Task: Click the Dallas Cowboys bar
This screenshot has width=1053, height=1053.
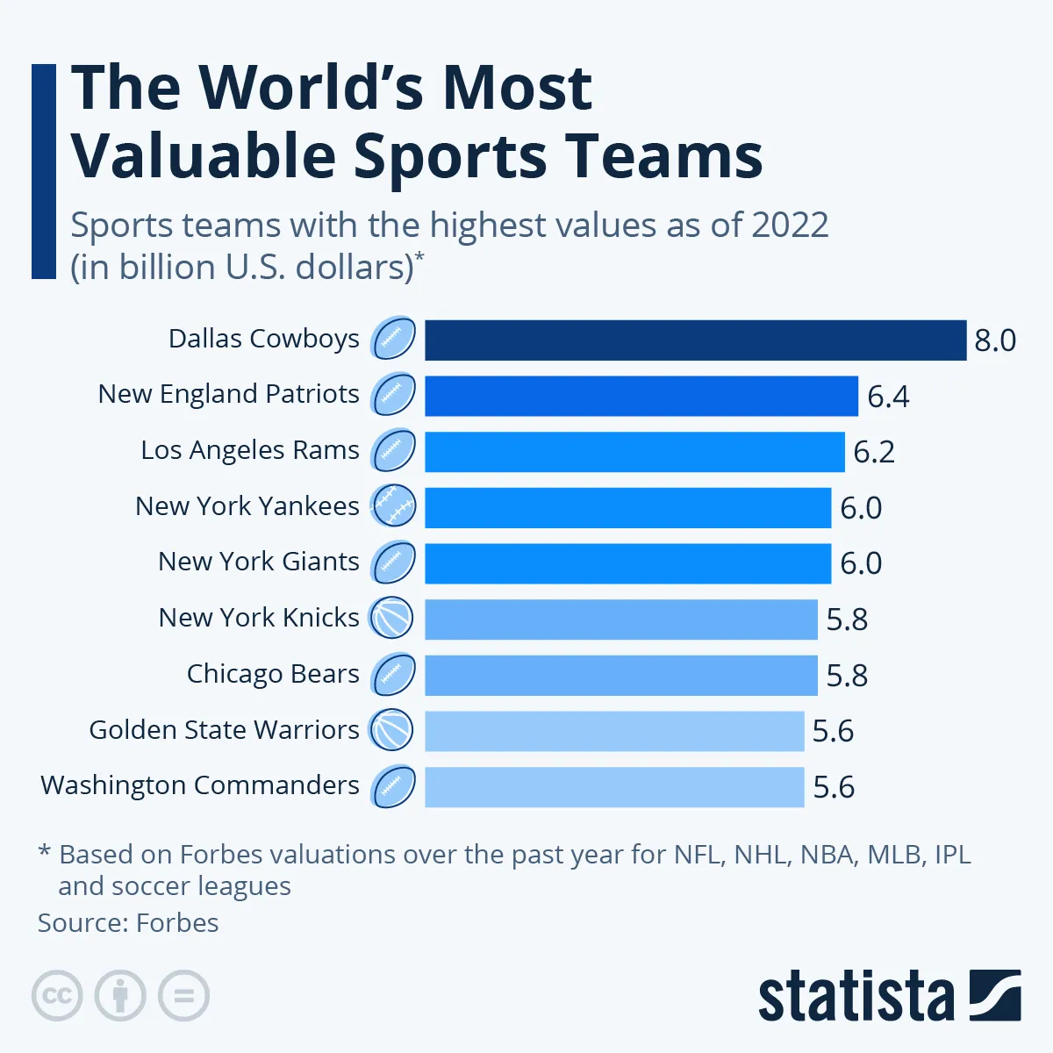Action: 695,340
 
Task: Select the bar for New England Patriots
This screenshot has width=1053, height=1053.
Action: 641,396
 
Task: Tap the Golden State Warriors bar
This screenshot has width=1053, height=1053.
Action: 614,731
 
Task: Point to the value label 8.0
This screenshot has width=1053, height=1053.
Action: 995,340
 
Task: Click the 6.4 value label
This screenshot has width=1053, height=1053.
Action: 888,397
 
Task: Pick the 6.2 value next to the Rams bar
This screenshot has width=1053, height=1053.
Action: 874,452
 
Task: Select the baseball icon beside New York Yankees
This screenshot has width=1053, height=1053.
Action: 392,506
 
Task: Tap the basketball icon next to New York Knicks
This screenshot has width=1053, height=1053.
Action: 391,619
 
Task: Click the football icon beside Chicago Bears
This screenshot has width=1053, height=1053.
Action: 392,675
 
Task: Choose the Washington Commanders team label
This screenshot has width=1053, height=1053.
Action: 200,785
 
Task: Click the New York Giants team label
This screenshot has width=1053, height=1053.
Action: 259,562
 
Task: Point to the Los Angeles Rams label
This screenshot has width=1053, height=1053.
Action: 250,450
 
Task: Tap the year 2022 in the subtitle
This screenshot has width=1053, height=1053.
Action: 788,226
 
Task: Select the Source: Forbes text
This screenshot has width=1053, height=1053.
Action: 128,923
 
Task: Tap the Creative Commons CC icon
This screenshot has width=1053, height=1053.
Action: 57,996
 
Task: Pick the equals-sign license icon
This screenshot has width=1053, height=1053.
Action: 184,996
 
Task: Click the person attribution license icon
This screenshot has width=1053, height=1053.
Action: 120,996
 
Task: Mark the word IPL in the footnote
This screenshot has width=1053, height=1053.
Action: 953,855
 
